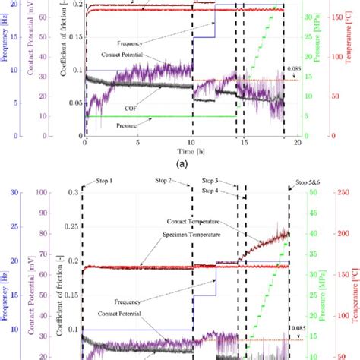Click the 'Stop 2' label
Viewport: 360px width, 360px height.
[x=180, y=182]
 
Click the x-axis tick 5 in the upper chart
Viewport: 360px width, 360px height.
[x=137, y=142]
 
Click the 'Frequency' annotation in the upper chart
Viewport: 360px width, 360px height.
[x=134, y=43]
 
